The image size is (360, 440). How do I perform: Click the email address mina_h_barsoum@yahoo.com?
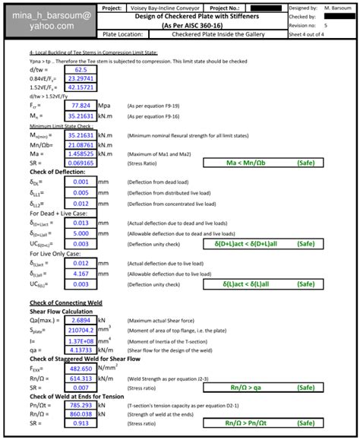[43, 21]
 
